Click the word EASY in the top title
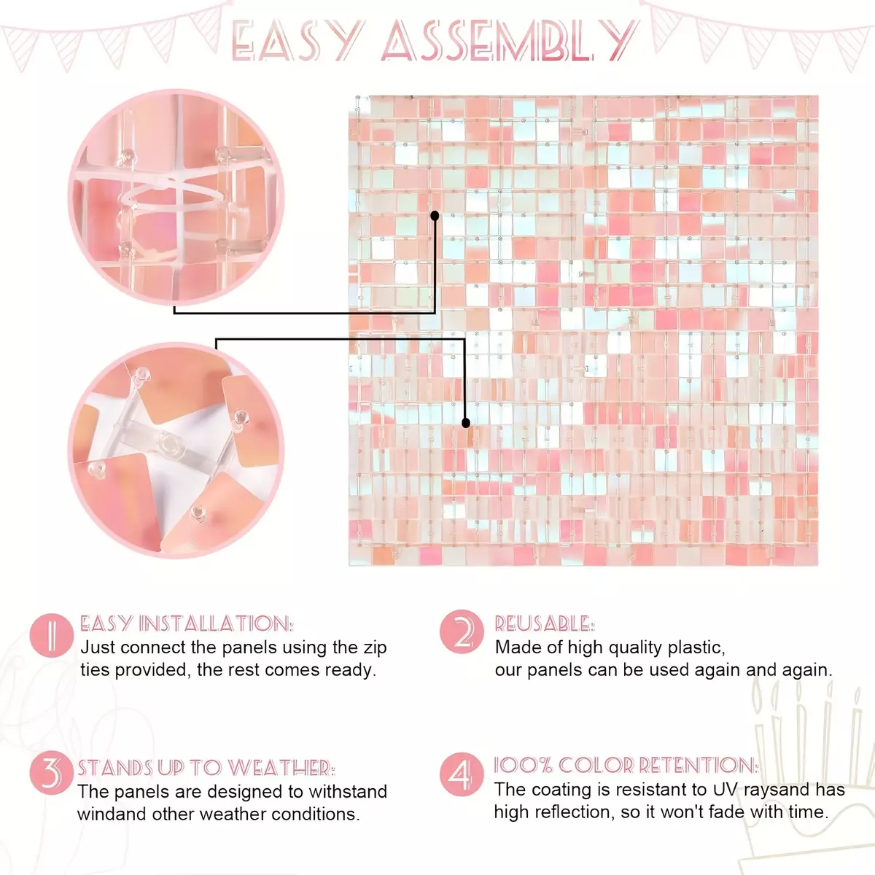pos(298,40)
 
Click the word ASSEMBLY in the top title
pos(509,40)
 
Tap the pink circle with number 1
pos(51,635)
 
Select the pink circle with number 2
pos(462,631)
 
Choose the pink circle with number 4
pos(462,774)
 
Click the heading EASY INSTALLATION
pos(187,623)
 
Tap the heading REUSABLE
pos(545,624)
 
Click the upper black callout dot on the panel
pos(435,216)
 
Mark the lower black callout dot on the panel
pos(465,423)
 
